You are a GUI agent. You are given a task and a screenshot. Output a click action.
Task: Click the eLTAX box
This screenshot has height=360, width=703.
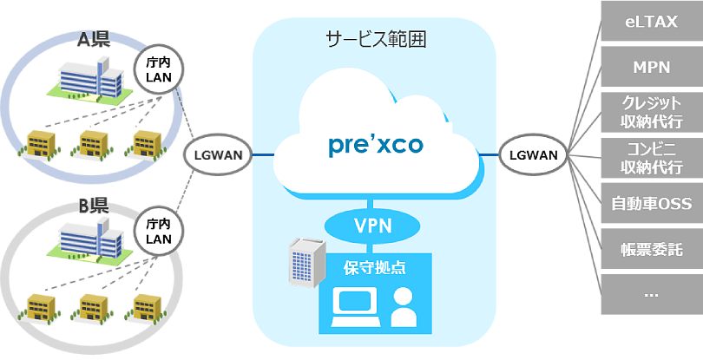652,21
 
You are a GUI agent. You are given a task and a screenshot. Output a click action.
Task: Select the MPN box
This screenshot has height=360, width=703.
652,66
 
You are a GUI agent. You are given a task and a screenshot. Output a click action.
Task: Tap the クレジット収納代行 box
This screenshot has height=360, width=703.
652,111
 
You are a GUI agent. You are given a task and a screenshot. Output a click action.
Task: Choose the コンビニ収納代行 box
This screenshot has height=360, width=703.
652,156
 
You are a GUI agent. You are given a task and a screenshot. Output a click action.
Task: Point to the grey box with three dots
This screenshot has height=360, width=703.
652,292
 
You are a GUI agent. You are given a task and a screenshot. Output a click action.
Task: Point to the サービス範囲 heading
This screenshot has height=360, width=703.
375,39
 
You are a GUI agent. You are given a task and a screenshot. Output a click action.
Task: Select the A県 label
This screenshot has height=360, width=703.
93,39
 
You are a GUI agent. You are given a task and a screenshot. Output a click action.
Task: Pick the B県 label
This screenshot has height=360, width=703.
93,207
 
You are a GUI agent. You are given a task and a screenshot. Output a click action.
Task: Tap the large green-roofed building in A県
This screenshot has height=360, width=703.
87,82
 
